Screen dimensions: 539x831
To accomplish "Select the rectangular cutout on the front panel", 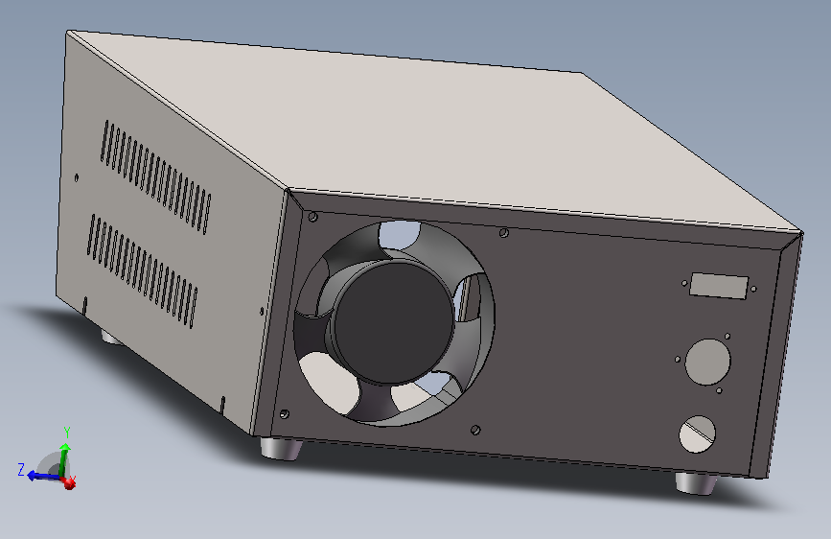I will coord(718,286).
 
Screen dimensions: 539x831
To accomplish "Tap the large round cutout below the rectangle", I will coord(707,363).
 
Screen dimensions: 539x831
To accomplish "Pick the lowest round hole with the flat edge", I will coord(699,434).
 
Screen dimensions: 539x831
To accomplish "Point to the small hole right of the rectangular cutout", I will coord(756,291).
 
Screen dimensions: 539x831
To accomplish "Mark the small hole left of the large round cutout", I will coord(679,361).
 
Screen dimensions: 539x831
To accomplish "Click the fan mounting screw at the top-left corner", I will coord(313,216).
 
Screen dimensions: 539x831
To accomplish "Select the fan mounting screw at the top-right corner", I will coord(504,232).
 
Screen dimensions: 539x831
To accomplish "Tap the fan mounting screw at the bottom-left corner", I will coord(285,413).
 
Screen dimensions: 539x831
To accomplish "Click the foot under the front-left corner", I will coord(281,449).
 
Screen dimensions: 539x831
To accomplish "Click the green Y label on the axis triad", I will coord(66,432).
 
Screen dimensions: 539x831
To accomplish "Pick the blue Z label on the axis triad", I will coord(20,469).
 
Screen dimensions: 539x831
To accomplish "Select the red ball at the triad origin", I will coord(69,483).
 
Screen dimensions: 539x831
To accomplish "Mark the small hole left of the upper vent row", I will coord(78,176).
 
